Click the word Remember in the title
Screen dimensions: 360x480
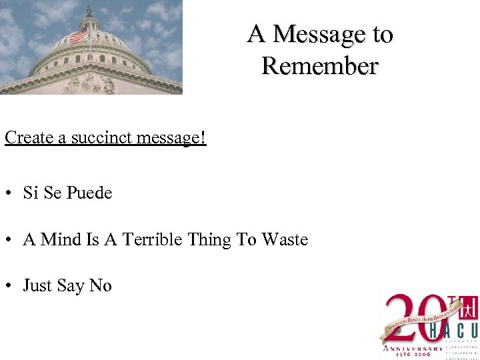point(320,66)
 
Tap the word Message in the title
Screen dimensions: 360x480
point(320,33)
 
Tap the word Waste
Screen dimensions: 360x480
point(285,239)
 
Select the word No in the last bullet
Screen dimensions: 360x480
point(101,286)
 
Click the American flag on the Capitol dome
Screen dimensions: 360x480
point(78,35)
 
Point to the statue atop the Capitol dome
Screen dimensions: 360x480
point(89,10)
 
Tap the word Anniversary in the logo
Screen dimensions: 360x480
point(411,348)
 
